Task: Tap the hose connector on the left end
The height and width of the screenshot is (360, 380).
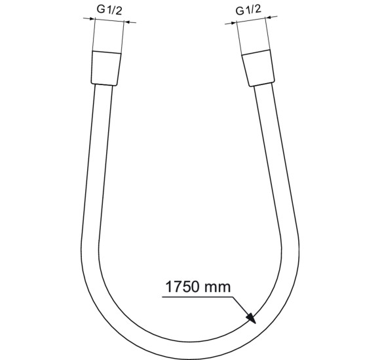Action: [x=104, y=67]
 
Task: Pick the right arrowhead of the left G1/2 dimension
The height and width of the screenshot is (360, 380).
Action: [x=126, y=22]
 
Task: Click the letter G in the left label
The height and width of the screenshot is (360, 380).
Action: [x=100, y=10]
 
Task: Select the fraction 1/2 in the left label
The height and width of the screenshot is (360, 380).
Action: [x=115, y=10]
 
